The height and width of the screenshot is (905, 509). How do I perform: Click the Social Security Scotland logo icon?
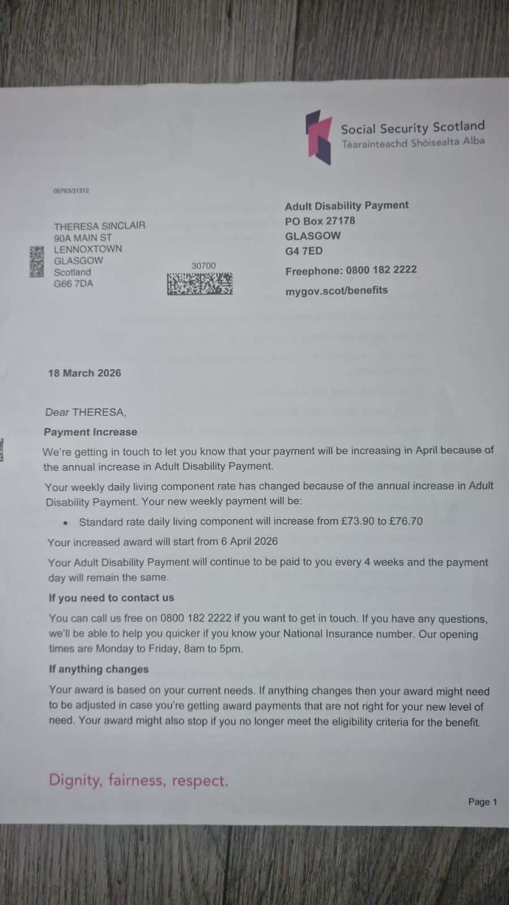319,137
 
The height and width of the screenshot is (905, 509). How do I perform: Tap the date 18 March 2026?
84,373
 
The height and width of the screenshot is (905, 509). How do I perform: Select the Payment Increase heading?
91,432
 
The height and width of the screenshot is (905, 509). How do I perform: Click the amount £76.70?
406,521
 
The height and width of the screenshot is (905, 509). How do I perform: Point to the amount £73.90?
358,521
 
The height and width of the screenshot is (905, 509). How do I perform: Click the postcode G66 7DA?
74,284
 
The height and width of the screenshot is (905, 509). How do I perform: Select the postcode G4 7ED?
304,251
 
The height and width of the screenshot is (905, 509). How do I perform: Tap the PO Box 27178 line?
320,221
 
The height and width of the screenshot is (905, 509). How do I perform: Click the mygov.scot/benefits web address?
336,290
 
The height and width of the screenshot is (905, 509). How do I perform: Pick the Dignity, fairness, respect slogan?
139,780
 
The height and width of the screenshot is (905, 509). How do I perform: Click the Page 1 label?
482,801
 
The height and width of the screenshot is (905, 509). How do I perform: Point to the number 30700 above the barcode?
203,265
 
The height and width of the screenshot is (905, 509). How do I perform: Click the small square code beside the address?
37,261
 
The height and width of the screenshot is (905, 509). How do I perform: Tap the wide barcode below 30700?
200,284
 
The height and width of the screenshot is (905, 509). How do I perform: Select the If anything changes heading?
99,669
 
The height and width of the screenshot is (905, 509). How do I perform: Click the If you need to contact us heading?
112,598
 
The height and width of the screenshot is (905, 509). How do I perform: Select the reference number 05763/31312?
71,191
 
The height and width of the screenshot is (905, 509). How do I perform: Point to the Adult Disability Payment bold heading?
347,205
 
